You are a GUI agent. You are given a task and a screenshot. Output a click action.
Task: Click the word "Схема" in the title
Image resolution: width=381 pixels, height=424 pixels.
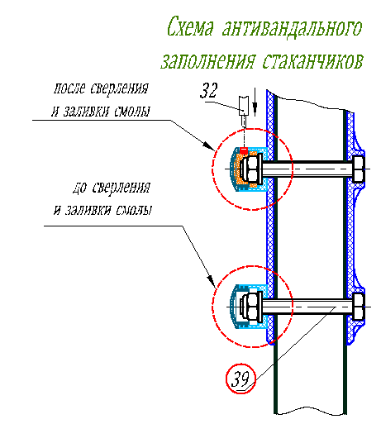click(190, 26)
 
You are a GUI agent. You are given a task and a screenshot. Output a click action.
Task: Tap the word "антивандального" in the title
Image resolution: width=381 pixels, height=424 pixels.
click(292, 26)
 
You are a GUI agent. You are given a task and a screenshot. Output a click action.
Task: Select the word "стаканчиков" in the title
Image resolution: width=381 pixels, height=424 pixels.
click(312, 60)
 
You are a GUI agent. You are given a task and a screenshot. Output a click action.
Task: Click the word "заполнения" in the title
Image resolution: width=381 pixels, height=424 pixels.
click(208, 60)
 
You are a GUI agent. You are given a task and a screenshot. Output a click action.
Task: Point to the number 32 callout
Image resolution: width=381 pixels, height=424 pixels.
click(208, 90)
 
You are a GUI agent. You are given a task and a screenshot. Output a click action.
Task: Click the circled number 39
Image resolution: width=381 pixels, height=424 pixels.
click(241, 379)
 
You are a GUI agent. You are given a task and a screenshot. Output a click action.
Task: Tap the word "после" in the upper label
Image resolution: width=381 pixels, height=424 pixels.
click(69, 88)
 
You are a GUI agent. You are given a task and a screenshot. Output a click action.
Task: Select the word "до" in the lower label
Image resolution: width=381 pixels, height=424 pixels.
click(80, 188)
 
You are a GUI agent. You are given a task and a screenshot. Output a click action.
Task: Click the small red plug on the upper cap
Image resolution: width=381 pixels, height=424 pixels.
click(243, 150)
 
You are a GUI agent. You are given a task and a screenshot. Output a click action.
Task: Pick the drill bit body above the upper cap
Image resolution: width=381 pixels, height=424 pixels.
click(244, 106)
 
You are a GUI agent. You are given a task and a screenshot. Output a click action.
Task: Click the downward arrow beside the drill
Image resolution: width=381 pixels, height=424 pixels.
click(255, 102)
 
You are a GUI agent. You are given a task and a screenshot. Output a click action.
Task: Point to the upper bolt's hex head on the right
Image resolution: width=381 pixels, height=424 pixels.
click(359, 169)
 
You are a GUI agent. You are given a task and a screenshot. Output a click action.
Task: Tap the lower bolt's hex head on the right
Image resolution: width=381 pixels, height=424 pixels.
click(359, 307)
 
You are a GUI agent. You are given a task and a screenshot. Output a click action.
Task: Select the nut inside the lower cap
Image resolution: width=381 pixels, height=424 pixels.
click(251, 307)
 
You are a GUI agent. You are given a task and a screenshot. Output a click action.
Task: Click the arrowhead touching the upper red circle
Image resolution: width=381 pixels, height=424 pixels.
click(209, 145)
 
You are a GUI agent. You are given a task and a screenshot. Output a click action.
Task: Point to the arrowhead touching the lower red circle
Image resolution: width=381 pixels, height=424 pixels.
click(212, 280)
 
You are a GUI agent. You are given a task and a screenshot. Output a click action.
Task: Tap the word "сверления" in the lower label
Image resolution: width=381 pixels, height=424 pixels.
click(121, 188)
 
